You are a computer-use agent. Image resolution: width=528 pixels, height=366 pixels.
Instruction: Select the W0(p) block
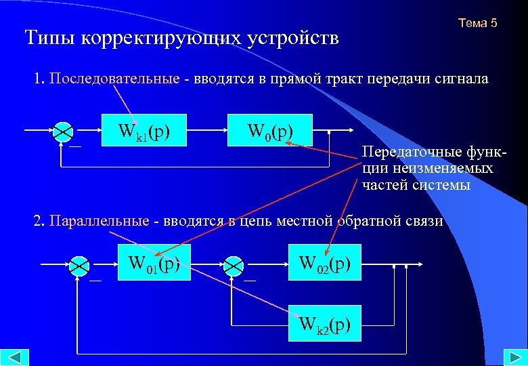pyautogui.click(x=270, y=129)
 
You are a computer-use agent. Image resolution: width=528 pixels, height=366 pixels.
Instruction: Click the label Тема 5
pyautogui.click(x=477, y=24)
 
